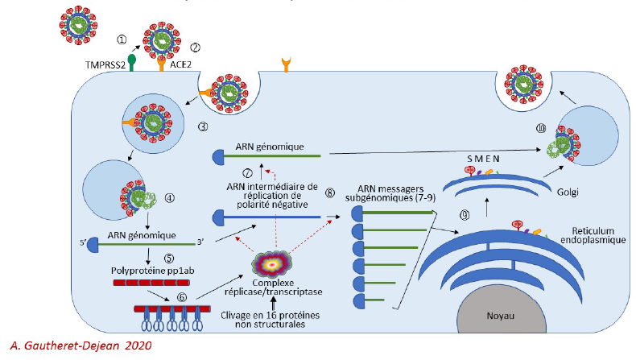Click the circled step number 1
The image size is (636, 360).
pyautogui.click(x=122, y=38)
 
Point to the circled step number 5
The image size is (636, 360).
pyautogui.click(x=168, y=259)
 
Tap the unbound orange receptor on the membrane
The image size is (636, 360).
pyautogui.click(x=284, y=64)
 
